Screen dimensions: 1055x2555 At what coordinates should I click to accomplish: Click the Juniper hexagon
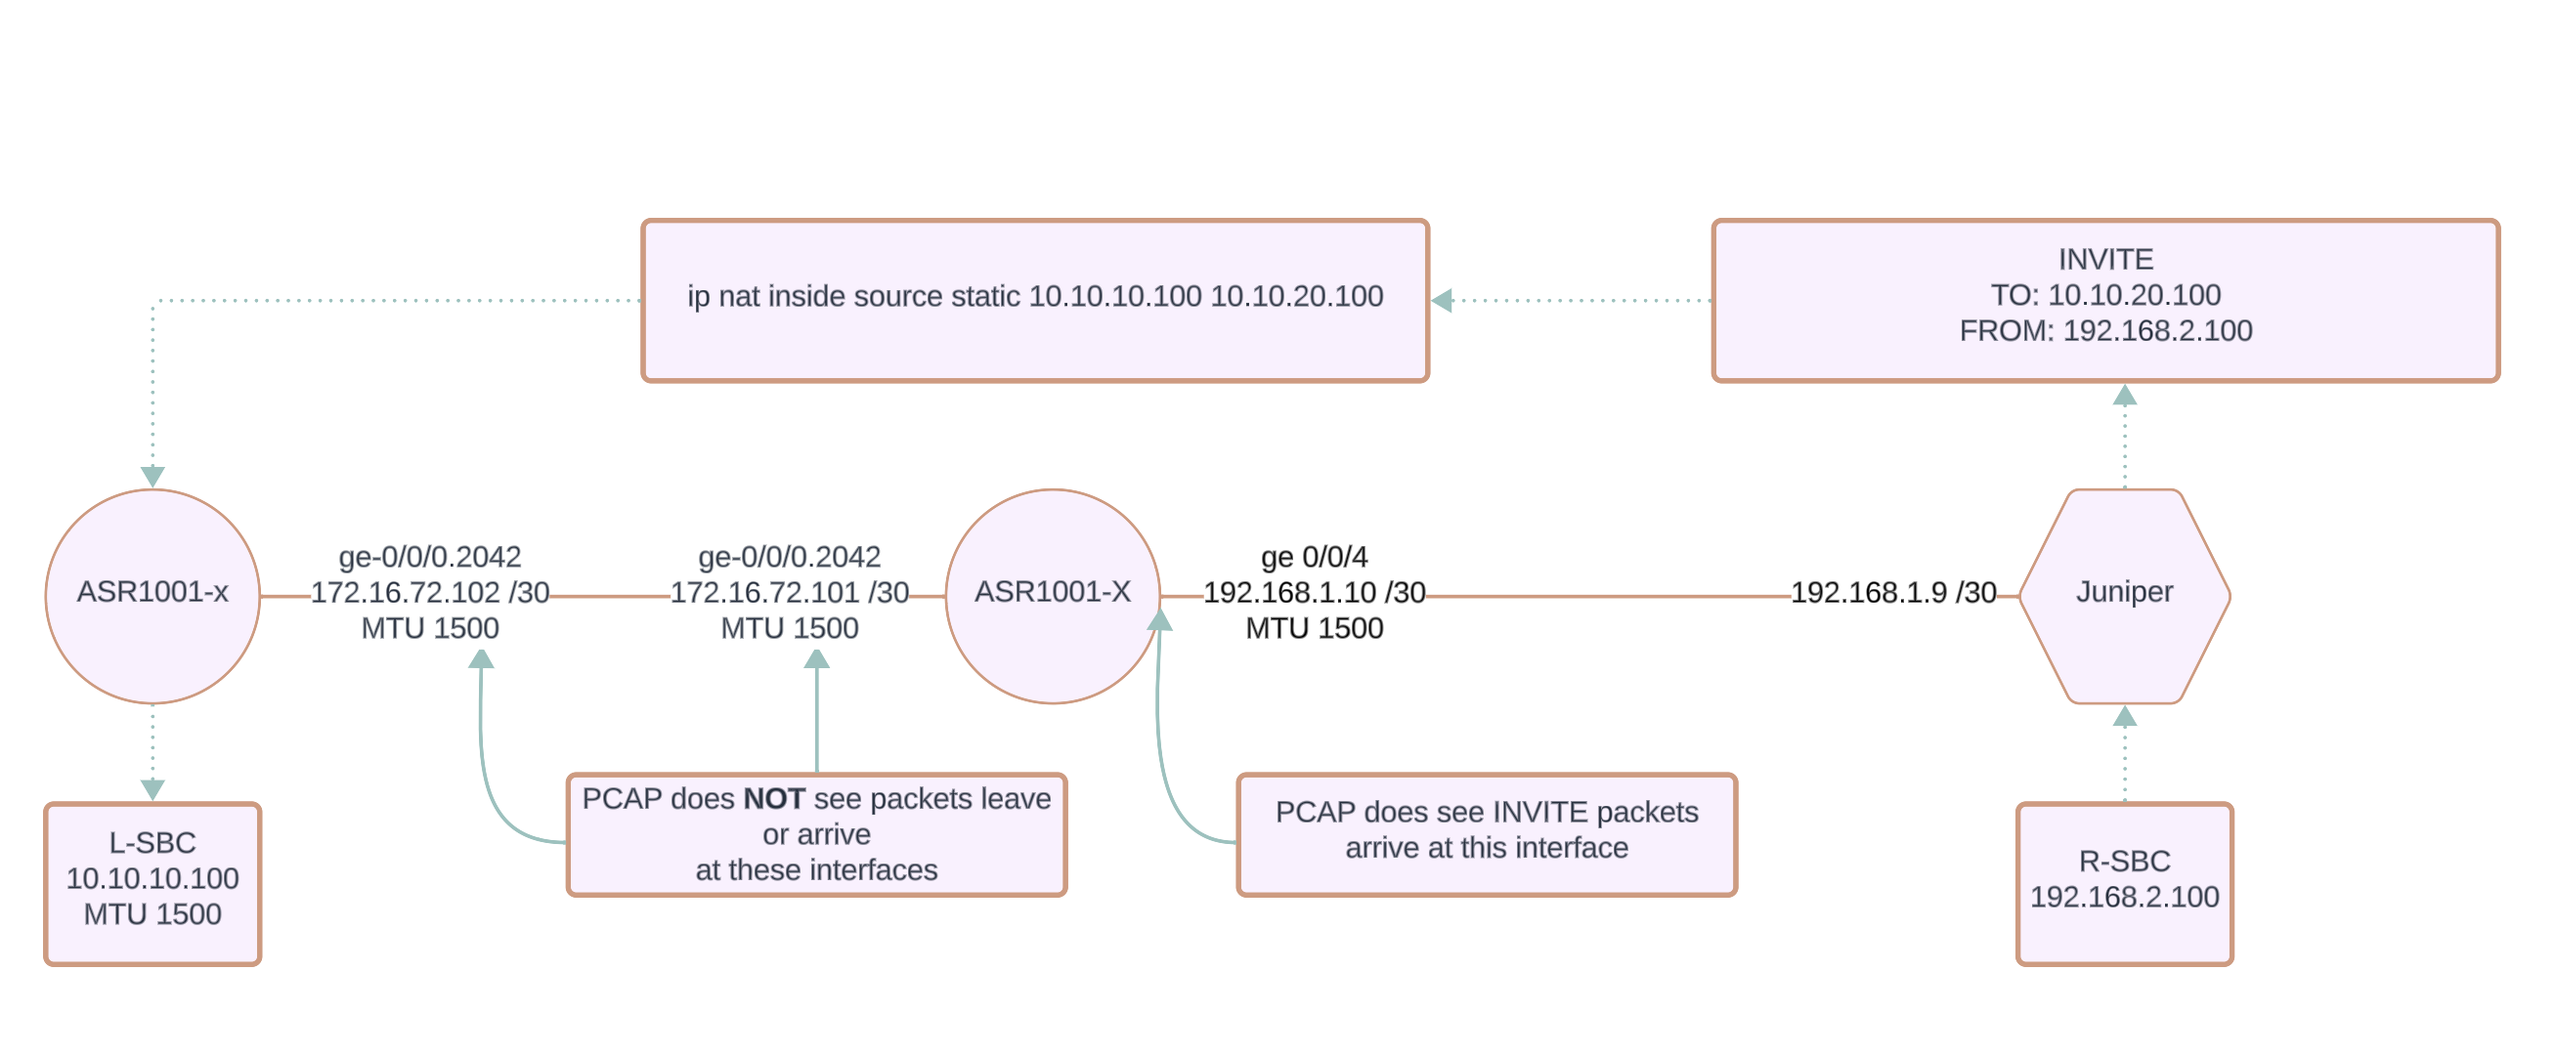[2124, 596]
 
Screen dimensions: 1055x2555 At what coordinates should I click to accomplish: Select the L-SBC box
[152, 883]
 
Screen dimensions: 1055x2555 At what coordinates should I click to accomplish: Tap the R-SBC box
[2124, 883]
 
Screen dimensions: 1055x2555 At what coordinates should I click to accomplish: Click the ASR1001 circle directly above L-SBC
[152, 596]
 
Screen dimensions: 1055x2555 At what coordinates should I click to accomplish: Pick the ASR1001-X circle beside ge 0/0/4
[1053, 596]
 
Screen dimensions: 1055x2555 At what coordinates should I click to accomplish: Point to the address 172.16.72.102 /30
[429, 593]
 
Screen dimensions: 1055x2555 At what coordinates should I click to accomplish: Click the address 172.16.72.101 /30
[790, 593]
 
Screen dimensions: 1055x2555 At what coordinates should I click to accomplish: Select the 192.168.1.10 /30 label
[1315, 593]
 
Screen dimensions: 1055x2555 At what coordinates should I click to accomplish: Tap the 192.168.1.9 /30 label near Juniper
[1892, 593]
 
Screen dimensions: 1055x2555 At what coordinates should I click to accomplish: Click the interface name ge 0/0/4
[1315, 557]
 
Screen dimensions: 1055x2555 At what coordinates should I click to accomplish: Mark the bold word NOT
[774, 799]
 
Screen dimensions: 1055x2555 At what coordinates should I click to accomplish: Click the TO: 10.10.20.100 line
[2104, 295]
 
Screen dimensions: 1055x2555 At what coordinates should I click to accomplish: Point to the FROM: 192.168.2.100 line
[2104, 331]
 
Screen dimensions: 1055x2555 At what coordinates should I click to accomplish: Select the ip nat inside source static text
[1034, 296]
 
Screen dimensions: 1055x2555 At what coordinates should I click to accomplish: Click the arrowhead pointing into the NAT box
[1442, 301]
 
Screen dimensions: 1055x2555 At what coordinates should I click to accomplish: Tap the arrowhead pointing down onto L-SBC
[152, 789]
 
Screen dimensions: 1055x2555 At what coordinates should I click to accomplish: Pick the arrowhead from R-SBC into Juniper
[2124, 717]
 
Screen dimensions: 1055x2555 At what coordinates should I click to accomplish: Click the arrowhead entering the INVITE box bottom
[2124, 397]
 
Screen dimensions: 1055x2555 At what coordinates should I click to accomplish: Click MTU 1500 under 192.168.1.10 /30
[1315, 629]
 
